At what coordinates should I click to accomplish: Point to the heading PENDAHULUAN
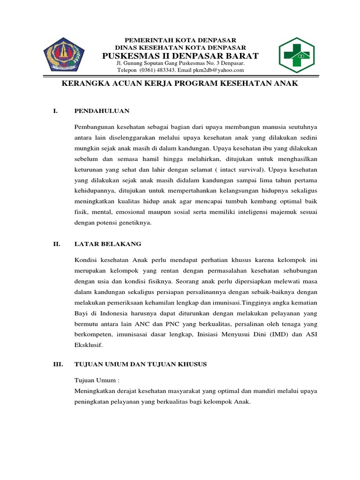click(x=102, y=111)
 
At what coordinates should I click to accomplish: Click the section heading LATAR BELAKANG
click(x=108, y=244)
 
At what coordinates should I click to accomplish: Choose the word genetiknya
click(x=135, y=223)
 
